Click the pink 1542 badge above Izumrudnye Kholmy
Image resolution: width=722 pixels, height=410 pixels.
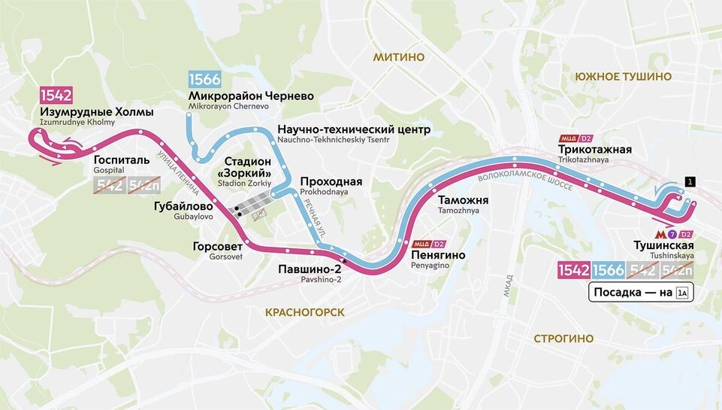point(56,96)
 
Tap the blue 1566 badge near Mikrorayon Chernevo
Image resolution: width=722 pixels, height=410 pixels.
point(204,80)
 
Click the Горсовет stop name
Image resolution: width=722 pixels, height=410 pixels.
point(217,246)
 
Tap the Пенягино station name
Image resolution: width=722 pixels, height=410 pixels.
point(438,255)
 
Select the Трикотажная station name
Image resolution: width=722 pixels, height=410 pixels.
point(594,150)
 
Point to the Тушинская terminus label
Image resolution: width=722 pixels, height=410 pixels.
point(661,246)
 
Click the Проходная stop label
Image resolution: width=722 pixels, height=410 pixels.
point(331,182)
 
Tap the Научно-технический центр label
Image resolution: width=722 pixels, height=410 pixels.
point(353,129)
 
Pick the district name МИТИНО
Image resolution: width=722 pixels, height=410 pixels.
point(398,57)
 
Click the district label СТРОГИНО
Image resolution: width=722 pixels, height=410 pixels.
point(563,339)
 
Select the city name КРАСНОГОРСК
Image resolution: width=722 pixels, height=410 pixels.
point(304,311)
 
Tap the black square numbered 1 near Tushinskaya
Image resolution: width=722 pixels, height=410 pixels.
point(689,181)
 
